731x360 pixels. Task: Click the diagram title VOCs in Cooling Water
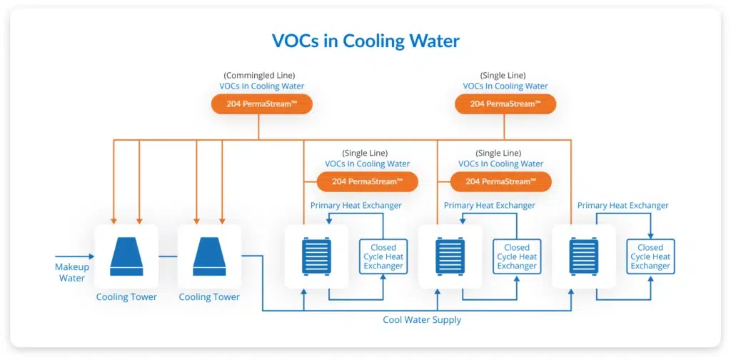(x=365, y=41)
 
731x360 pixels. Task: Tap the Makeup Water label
(x=72, y=273)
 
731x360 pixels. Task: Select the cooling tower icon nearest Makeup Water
(x=126, y=256)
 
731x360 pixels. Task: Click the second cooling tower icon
(x=209, y=256)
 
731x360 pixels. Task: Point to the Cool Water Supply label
(x=422, y=320)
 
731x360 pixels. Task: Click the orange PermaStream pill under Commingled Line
(x=262, y=104)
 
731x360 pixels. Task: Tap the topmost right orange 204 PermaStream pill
(x=505, y=104)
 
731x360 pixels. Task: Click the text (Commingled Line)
(x=259, y=75)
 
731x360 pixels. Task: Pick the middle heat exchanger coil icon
(x=450, y=256)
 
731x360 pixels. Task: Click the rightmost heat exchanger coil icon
(x=584, y=256)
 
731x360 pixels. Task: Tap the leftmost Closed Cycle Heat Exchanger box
(x=383, y=256)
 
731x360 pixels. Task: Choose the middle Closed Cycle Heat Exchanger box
(x=517, y=256)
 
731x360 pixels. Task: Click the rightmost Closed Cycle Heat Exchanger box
(x=650, y=256)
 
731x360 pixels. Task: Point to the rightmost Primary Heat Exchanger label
(x=622, y=206)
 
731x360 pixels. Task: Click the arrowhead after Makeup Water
(x=91, y=256)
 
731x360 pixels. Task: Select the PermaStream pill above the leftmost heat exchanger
(x=368, y=182)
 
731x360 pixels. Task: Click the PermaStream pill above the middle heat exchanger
(x=500, y=182)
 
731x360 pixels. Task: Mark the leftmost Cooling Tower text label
(x=126, y=297)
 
